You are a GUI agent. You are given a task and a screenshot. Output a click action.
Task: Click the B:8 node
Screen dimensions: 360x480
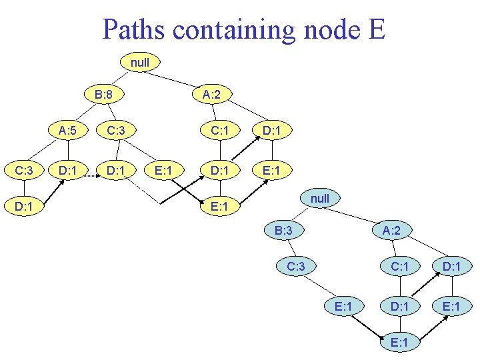click(103, 95)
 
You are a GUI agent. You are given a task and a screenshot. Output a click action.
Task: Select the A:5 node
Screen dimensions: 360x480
click(66, 131)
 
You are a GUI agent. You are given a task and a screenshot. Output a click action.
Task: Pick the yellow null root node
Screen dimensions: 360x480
click(140, 63)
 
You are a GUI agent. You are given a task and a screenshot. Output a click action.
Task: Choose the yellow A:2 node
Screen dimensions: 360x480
click(212, 95)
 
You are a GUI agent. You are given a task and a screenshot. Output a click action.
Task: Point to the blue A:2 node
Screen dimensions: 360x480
click(391, 231)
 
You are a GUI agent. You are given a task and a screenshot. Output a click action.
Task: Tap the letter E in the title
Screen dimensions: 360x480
click(376, 29)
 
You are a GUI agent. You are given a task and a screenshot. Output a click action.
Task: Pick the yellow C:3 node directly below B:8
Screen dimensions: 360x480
click(116, 131)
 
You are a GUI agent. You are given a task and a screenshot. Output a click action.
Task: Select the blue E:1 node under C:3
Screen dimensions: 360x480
click(344, 306)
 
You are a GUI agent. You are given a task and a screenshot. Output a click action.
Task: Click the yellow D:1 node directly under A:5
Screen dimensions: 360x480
click(66, 171)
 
